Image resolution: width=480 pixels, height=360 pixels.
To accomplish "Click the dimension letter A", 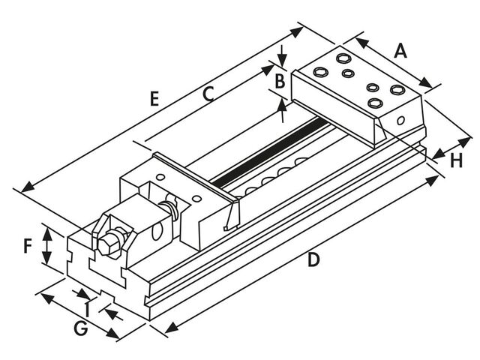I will tap(400, 51).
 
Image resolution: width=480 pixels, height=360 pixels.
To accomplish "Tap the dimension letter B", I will tap(279, 80).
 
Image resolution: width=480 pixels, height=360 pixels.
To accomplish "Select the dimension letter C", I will tap(209, 93).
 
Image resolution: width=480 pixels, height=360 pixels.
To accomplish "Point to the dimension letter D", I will tap(314, 260).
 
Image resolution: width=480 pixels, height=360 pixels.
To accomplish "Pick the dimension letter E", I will tap(155, 98).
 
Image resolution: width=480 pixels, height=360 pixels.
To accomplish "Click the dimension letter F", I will tap(27, 246).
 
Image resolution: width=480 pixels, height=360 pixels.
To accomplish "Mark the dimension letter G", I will tap(82, 328).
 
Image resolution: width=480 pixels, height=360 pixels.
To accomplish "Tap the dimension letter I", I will tap(88, 307).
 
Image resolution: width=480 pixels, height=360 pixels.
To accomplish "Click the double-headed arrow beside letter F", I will tap(48, 246).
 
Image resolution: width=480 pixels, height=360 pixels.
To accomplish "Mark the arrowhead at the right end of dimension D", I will tap(436, 179).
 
